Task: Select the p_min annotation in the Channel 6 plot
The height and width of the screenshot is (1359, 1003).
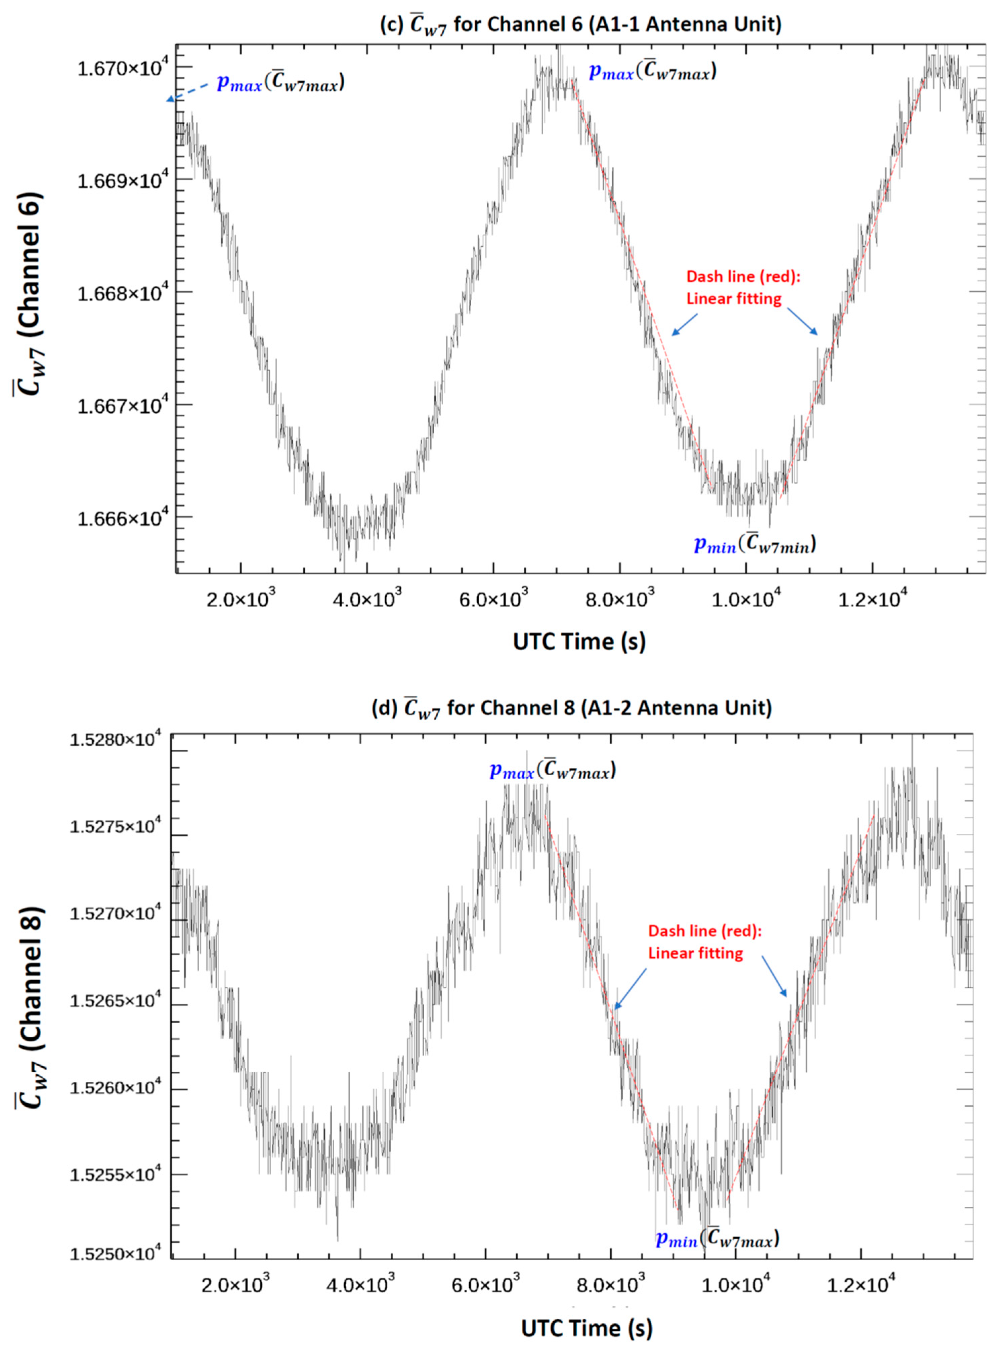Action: (755, 545)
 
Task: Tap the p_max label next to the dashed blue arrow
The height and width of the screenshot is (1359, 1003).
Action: (280, 83)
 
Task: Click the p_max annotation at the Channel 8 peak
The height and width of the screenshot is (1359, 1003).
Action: (553, 771)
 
